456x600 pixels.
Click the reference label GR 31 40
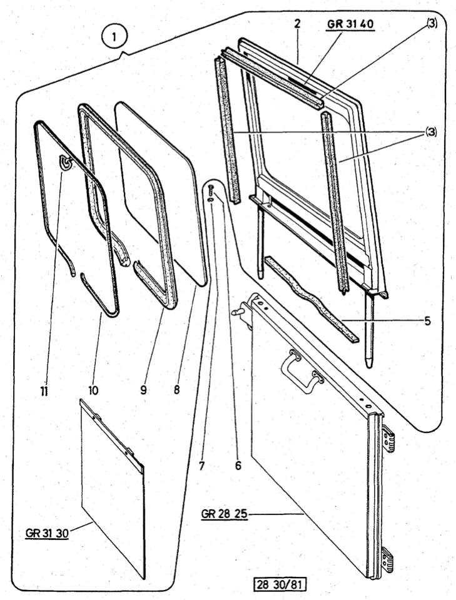(352, 25)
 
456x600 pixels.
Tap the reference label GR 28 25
(225, 514)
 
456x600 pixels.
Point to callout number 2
(298, 24)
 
